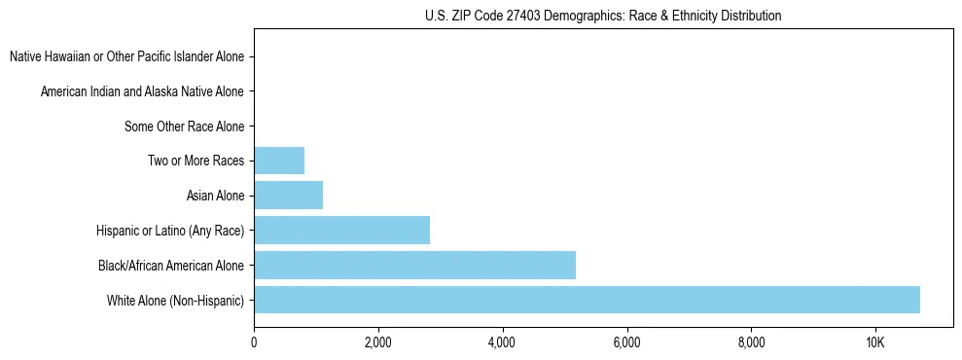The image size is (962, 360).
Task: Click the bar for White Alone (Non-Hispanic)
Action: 587,300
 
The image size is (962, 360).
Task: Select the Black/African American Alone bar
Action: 414,265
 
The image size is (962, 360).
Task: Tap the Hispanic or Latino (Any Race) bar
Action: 341,231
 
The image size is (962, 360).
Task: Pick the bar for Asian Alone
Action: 288,196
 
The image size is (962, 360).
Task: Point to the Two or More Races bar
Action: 279,161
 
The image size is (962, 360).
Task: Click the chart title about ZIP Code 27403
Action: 603,16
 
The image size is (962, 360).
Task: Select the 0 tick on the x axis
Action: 254,342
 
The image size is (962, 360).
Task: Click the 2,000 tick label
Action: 377,342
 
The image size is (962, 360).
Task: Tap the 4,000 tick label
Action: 502,342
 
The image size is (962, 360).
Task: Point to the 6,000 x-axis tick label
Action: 626,342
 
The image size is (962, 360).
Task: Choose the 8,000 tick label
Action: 751,342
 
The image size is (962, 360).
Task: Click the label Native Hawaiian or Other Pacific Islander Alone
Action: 126,57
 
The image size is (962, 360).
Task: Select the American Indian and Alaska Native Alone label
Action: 142,91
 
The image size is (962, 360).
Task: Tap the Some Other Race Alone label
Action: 184,126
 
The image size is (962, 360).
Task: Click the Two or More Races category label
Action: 196,161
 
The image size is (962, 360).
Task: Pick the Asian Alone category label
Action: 215,196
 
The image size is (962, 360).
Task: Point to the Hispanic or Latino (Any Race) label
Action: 170,231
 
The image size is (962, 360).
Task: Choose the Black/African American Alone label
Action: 171,265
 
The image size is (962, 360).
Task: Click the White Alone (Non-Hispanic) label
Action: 176,300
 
